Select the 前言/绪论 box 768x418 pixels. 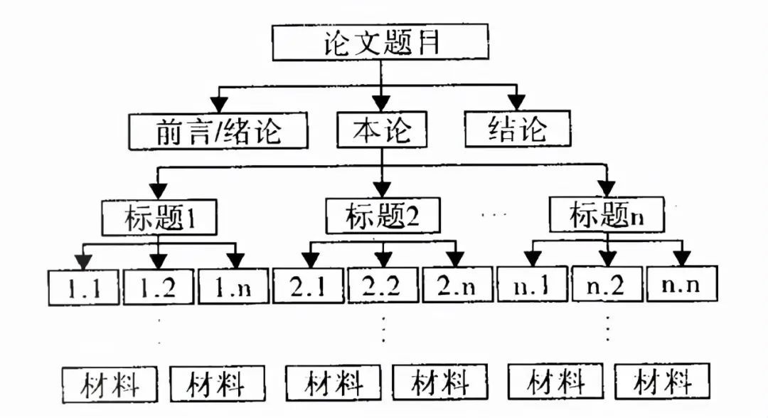coord(218,132)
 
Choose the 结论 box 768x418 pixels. coord(517,128)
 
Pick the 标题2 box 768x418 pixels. coord(383,216)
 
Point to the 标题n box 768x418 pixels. coord(607,214)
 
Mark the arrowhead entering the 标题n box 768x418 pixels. coord(607,188)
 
